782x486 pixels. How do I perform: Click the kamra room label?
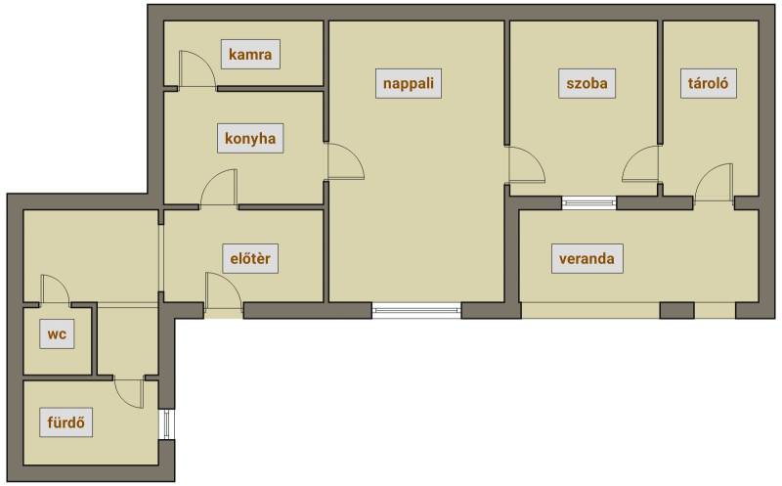click(x=250, y=54)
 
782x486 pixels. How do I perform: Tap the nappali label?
click(x=409, y=83)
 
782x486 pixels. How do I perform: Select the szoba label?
click(x=587, y=83)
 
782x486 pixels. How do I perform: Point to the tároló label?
click(x=708, y=83)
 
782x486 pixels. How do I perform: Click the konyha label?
click(x=250, y=138)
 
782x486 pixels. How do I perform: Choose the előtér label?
click(x=250, y=258)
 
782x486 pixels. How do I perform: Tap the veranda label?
click(x=587, y=258)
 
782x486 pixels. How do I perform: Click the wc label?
click(x=57, y=333)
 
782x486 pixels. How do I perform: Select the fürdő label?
click(x=66, y=422)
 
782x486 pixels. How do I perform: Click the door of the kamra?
click(x=197, y=69)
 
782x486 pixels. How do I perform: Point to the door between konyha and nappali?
click(x=345, y=160)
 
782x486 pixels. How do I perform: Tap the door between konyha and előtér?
click(x=219, y=188)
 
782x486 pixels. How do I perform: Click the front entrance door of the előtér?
click(x=224, y=292)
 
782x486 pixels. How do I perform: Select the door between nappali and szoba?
click(x=526, y=164)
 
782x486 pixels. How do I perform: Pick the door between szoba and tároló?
click(x=641, y=163)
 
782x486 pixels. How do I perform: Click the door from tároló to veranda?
click(x=714, y=183)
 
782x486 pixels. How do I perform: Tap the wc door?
click(x=55, y=289)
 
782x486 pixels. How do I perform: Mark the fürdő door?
click(x=129, y=393)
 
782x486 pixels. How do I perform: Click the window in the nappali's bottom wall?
click(x=417, y=310)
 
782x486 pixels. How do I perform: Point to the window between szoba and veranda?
click(x=589, y=202)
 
